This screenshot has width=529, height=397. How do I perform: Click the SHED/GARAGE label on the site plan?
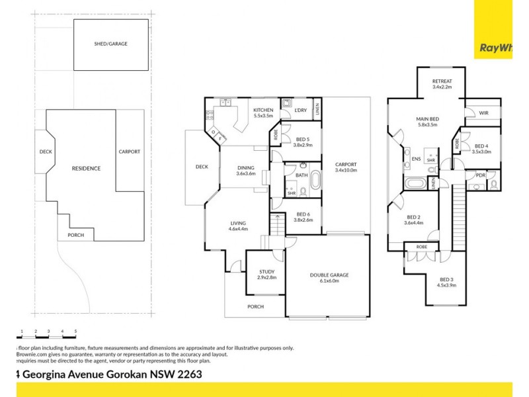[110, 44]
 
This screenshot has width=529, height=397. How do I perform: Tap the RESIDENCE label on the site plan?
[86, 169]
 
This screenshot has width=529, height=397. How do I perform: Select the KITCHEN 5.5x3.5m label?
[263, 112]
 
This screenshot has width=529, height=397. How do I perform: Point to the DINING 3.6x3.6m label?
[246, 171]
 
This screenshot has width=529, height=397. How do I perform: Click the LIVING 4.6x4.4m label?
[238, 226]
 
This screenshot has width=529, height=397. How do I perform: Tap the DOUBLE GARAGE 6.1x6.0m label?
[329, 278]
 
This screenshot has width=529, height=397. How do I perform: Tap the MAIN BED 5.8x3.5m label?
[428, 121]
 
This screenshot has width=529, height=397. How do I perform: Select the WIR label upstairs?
[483, 114]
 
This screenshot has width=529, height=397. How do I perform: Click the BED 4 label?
[481, 148]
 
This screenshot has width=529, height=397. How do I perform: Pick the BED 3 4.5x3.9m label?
[447, 283]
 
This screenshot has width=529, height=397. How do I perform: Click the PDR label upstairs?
[480, 175]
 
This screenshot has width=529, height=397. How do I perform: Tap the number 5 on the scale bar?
[75, 330]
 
